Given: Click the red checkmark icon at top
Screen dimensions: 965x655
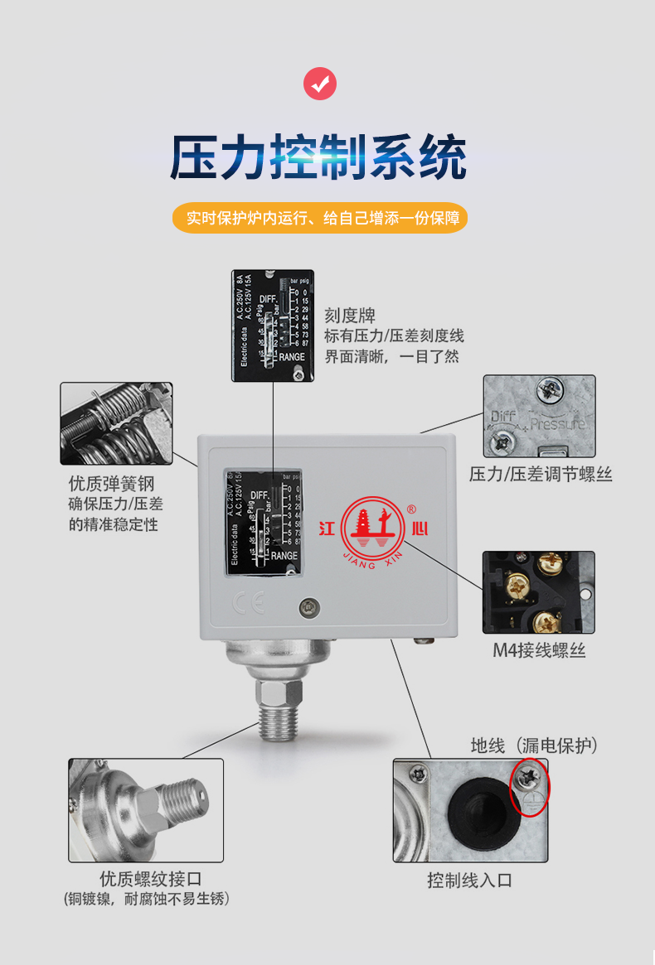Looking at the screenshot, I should pyautogui.click(x=320, y=84).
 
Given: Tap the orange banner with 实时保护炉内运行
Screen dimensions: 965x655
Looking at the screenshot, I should pyautogui.click(x=320, y=219).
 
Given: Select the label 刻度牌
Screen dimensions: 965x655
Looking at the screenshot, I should pyautogui.click(x=350, y=316).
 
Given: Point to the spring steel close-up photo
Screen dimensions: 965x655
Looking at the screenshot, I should pyautogui.click(x=116, y=423).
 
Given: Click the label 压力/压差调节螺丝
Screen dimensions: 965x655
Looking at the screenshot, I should pyautogui.click(x=541, y=475).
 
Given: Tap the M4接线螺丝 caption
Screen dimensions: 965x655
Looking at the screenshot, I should pyautogui.click(x=539, y=650).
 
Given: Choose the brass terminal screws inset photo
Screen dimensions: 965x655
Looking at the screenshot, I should pyautogui.click(x=539, y=592).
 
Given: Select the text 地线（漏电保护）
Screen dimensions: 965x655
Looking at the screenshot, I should pyautogui.click(x=534, y=745).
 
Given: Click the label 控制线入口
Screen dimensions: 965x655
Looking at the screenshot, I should pyautogui.click(x=469, y=881).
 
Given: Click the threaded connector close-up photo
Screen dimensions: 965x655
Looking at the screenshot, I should pyautogui.click(x=146, y=810).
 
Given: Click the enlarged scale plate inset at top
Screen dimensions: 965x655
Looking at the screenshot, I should pyautogui.click(x=273, y=326).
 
